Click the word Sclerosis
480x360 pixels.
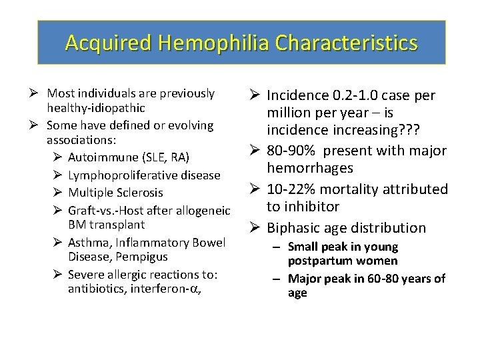coord(139,193)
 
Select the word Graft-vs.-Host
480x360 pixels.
coord(107,209)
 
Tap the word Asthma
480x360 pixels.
coord(86,242)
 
